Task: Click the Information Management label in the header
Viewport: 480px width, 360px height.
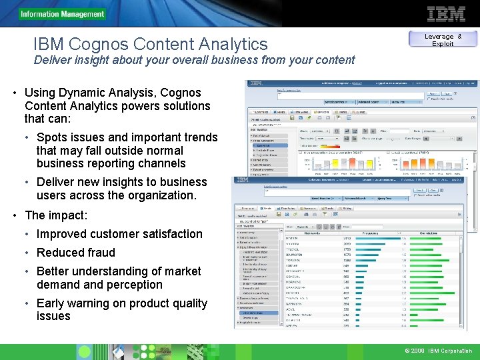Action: pyautogui.click(x=63, y=14)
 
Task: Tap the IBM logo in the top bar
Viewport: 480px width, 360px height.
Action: pyautogui.click(x=446, y=14)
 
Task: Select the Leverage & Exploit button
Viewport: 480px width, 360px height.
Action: pyautogui.click(x=443, y=40)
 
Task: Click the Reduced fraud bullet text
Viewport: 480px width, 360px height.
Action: pyautogui.click(x=75, y=253)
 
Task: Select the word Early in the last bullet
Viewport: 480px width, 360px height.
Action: pyautogui.click(x=52, y=303)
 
